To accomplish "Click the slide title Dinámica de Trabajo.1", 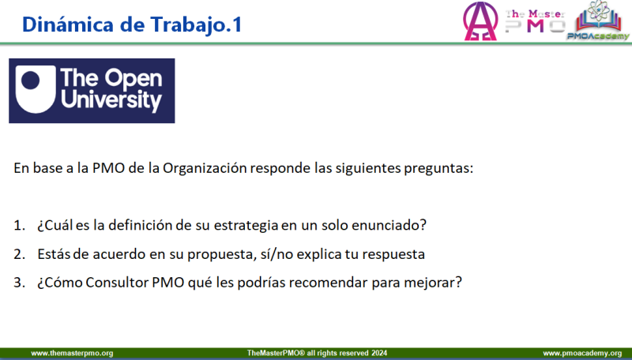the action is tap(132, 24).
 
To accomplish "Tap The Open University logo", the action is tap(92, 91).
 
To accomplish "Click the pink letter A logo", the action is tap(480, 21).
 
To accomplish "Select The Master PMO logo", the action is tap(536, 21).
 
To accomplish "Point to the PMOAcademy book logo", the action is tap(599, 21).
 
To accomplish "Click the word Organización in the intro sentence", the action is tap(205, 168).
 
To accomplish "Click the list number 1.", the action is tap(19, 225).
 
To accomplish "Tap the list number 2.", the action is tap(19, 254).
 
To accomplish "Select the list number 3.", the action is tap(19, 283).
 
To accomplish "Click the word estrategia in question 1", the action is tap(246, 225).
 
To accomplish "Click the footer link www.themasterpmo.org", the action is tap(72, 353).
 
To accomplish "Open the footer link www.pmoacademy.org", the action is tap(582, 353).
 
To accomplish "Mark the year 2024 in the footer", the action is tap(379, 353).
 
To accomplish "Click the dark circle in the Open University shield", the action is tap(31, 81).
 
